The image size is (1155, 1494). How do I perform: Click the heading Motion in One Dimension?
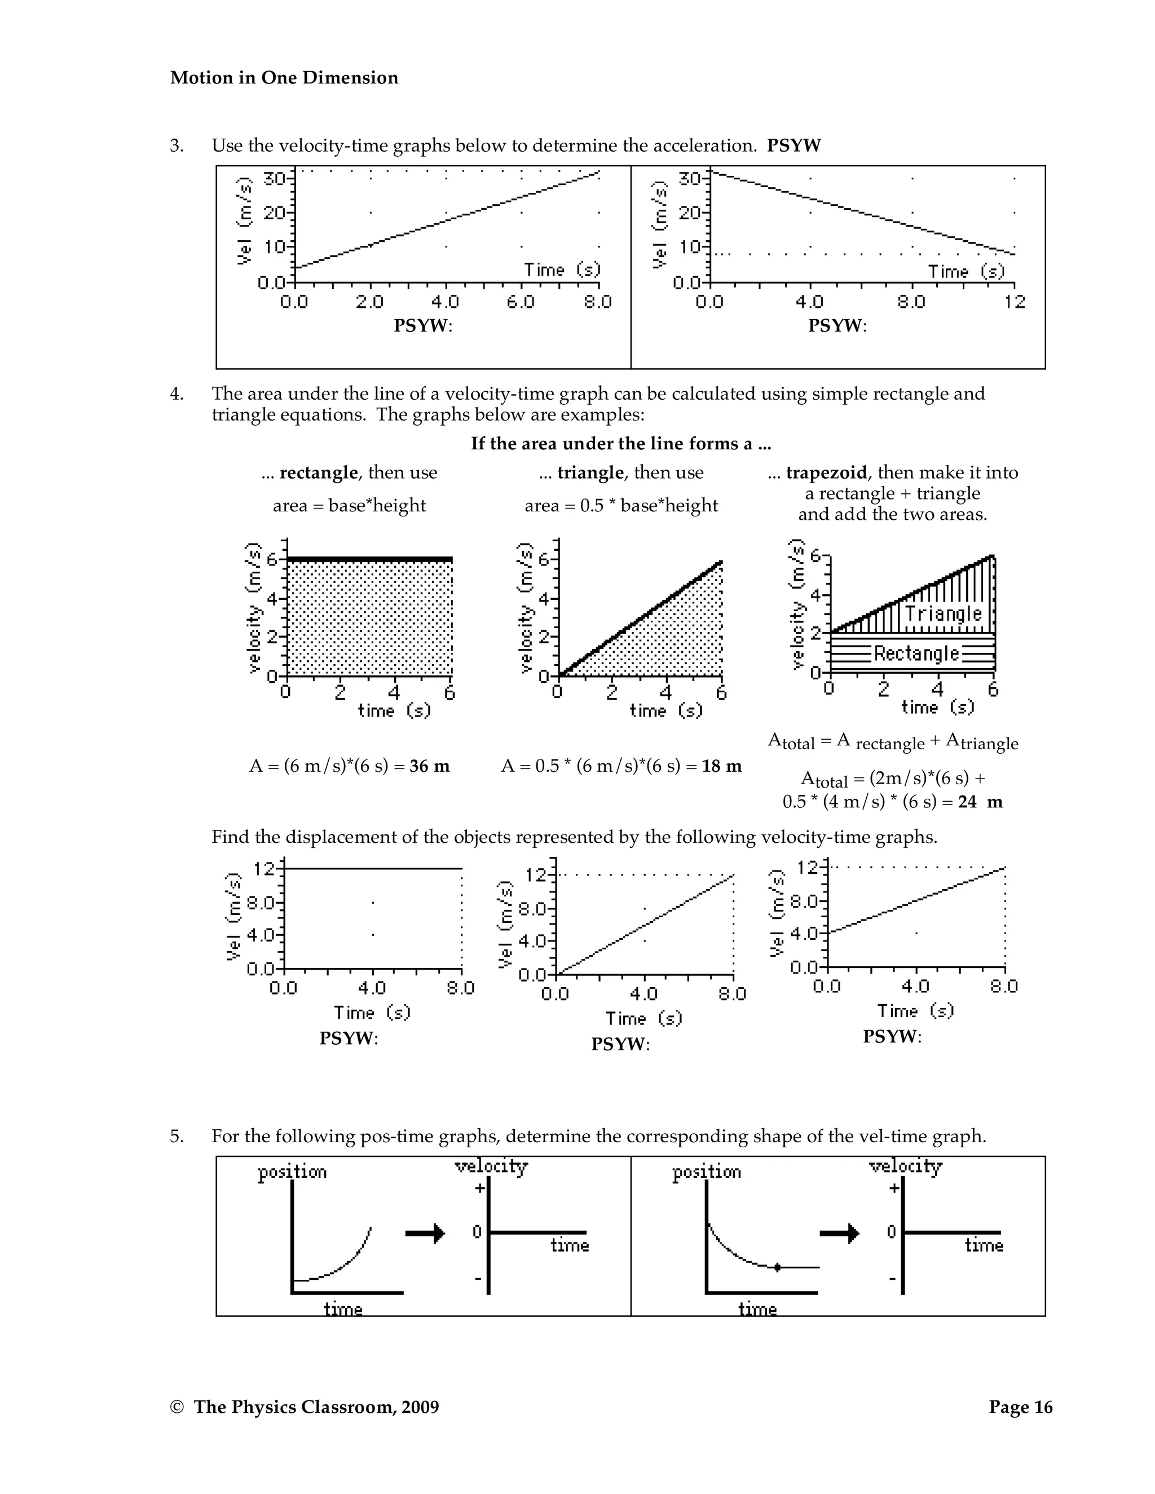pos(284,78)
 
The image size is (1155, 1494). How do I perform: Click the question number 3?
pos(177,145)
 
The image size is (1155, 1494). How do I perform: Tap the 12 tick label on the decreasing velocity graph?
pos(1015,302)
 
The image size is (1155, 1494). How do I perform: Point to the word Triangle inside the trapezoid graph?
pos(943,613)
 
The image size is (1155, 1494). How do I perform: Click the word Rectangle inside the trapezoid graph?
pos(916,653)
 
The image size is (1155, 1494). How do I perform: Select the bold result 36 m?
pos(430,766)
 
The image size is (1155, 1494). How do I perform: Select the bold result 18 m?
pos(722,766)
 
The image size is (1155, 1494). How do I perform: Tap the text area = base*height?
pos(349,506)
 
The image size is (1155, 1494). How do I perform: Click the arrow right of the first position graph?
pos(425,1234)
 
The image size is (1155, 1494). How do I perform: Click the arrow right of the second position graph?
pos(839,1234)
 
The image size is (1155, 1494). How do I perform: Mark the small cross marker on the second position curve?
pos(777,1267)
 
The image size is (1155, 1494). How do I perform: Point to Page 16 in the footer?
pos(1020,1407)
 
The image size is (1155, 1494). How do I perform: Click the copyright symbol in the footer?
pos(177,1408)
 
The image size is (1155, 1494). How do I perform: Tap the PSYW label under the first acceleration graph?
pos(423,326)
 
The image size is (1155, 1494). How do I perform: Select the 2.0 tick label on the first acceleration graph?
pos(370,302)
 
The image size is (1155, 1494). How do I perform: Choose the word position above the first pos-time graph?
pos(292,1173)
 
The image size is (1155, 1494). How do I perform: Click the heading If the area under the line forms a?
pos(620,444)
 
